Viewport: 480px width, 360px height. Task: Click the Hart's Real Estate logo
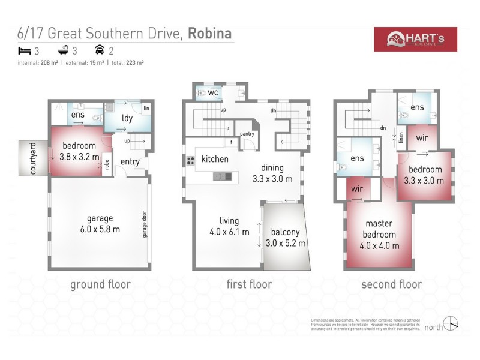(415, 40)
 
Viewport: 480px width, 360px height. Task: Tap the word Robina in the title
(211, 34)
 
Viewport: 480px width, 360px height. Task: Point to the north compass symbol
(452, 325)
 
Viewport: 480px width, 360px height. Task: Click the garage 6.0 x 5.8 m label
(100, 223)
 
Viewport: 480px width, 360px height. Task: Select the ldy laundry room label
(127, 118)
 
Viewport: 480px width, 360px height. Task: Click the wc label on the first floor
(212, 92)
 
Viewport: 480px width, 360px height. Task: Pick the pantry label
(247, 133)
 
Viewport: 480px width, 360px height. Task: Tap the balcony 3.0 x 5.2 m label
(285, 238)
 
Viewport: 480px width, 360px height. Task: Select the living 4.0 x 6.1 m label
(229, 226)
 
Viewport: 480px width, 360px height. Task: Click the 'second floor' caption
(391, 284)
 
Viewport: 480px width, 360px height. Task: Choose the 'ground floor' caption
(100, 284)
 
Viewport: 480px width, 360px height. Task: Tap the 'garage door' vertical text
(144, 224)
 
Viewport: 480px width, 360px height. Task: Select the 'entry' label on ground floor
(130, 161)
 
